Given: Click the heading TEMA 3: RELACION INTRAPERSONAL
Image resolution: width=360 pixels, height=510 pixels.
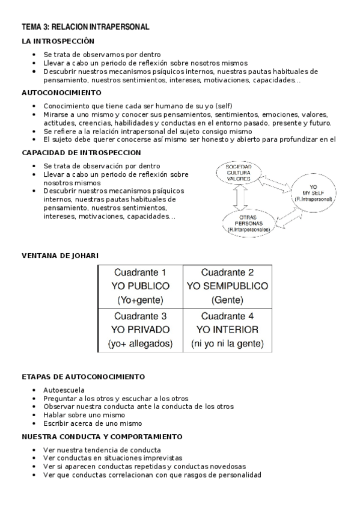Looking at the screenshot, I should tap(85, 27).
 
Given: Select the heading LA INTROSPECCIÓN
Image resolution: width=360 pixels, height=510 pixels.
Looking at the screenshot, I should tap(58, 41).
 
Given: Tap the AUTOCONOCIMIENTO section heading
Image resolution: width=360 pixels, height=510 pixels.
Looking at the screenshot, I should tap(61, 93).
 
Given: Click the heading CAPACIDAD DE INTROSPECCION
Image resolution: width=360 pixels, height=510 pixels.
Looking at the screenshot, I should tap(81, 153).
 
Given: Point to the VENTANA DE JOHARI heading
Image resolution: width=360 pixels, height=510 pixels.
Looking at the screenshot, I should tap(60, 256).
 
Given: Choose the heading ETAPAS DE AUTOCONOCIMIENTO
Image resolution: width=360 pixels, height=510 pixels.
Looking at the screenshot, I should tap(83, 376).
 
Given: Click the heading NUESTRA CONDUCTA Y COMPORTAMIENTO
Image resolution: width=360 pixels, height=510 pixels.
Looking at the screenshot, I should tap(102, 436).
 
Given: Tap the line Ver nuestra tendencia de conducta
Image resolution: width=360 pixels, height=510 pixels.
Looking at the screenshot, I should tap(102, 449).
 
